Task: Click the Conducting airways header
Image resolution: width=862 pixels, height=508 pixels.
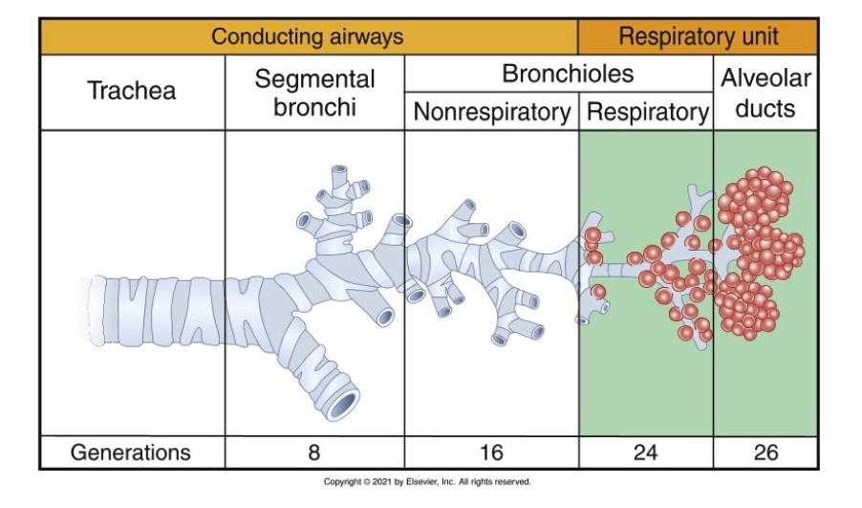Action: pyautogui.click(x=307, y=37)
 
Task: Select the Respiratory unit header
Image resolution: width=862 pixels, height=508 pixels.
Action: pyautogui.click(x=698, y=37)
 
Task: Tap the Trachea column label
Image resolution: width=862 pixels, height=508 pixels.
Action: pyautogui.click(x=132, y=92)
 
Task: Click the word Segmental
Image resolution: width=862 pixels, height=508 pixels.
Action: pyautogui.click(x=314, y=79)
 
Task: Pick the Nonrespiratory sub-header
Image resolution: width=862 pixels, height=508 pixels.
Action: pyautogui.click(x=491, y=113)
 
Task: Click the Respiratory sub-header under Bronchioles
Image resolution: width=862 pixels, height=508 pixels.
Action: pyautogui.click(x=647, y=113)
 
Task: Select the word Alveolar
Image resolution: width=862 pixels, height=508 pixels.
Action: pyautogui.click(x=765, y=79)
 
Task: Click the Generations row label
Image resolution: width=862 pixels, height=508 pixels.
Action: pyautogui.click(x=131, y=452)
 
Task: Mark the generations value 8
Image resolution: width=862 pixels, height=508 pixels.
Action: pyautogui.click(x=314, y=452)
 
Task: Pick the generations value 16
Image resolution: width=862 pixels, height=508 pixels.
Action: pyautogui.click(x=491, y=452)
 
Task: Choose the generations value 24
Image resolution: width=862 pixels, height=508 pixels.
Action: pyautogui.click(x=646, y=452)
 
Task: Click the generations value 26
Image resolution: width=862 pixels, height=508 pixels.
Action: pyautogui.click(x=765, y=452)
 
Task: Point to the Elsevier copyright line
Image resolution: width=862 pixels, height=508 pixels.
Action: pyautogui.click(x=427, y=482)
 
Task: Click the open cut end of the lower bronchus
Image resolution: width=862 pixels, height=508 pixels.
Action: pyautogui.click(x=340, y=404)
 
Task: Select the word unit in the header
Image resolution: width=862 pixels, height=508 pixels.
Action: pyautogui.click(x=756, y=37)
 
